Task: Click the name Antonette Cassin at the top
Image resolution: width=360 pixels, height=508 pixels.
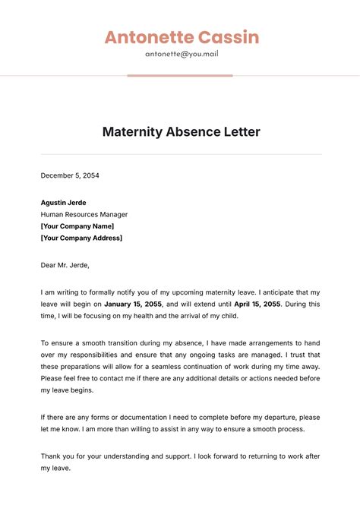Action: pyautogui.click(x=182, y=37)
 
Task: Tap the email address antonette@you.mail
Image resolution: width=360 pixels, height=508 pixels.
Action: pyautogui.click(x=182, y=54)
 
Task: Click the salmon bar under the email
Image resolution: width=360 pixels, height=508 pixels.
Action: pyautogui.click(x=180, y=75)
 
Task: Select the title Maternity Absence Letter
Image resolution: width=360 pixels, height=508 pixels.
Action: pyautogui.click(x=181, y=132)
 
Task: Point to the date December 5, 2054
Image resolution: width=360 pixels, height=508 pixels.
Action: pyautogui.click(x=70, y=175)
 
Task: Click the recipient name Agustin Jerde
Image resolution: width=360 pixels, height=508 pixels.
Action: pyautogui.click(x=63, y=203)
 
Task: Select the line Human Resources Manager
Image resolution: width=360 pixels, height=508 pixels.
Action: pyautogui.click(x=84, y=214)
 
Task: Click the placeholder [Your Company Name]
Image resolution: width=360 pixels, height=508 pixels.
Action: pyautogui.click(x=77, y=226)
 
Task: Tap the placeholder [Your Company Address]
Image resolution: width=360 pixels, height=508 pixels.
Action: pyautogui.click(x=81, y=238)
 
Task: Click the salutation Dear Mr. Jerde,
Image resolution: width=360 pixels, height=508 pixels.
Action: pyautogui.click(x=65, y=265)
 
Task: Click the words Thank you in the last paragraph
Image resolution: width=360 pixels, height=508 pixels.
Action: pyautogui.click(x=58, y=456)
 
